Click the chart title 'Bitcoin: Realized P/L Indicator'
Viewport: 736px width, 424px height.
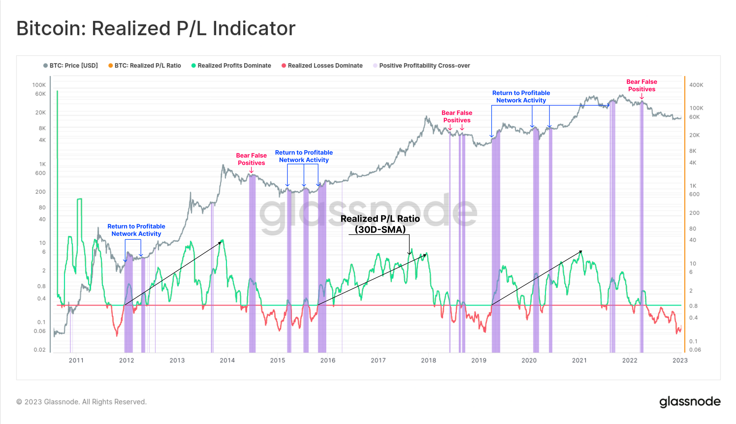(156, 29)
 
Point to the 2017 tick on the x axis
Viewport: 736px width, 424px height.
(378, 360)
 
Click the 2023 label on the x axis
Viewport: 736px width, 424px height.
(680, 360)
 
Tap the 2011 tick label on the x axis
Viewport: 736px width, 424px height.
(76, 360)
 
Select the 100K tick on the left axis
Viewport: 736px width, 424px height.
(39, 85)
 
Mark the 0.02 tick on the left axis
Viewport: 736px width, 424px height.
(40, 350)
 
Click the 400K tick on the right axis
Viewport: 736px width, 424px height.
(696, 85)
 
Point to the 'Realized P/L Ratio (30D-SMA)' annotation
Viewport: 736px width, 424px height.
(380, 224)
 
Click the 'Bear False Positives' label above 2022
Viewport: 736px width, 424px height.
(642, 86)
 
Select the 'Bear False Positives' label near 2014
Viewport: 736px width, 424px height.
(251, 159)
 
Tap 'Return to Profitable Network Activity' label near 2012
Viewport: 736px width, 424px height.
(136, 230)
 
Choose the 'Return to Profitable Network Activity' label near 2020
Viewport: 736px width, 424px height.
(521, 97)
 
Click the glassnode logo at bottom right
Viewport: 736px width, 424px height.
(690, 402)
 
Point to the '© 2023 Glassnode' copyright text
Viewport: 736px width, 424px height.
(82, 402)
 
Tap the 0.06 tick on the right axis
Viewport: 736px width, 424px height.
(695, 350)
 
